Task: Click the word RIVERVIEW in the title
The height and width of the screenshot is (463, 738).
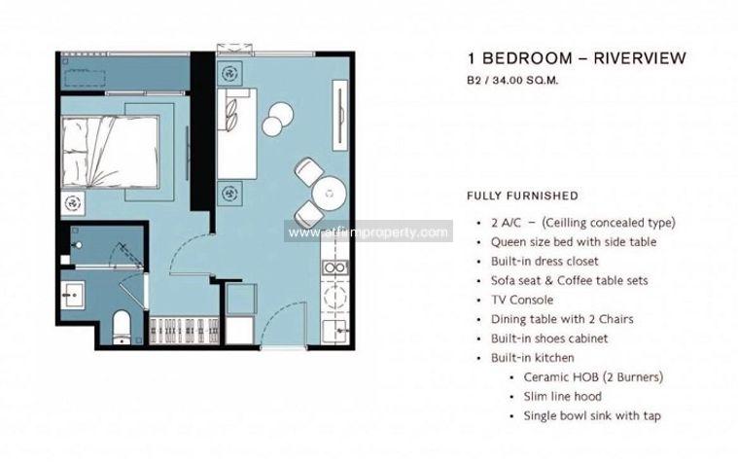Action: pos(640,58)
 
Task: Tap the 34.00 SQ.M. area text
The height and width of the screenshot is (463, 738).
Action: pos(525,80)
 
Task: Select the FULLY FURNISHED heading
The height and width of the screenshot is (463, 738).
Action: pos(522,196)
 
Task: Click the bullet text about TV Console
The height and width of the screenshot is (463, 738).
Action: pos(522,300)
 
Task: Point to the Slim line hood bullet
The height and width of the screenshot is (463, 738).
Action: pos(562,396)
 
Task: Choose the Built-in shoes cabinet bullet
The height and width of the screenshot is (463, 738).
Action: pos(549,338)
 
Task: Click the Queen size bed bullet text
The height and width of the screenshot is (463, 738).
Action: pos(574,241)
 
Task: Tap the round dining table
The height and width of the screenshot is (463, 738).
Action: pos(329,194)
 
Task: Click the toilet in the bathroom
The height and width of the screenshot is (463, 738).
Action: pos(123,327)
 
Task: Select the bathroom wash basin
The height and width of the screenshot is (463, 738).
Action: pos(73,296)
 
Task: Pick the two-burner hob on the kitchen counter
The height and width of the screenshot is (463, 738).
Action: pos(335,267)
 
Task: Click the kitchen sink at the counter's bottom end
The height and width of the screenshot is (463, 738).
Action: pos(335,332)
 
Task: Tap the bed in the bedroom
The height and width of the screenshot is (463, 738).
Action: pos(110,152)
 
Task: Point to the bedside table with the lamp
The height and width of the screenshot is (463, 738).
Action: pos(73,203)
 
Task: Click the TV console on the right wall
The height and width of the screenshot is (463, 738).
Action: pos(339,116)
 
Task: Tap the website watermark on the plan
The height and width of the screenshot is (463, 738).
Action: pos(369,232)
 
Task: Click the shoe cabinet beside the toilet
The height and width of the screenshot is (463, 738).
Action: pos(184,331)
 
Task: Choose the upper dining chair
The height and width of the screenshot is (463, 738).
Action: pos(308,171)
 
